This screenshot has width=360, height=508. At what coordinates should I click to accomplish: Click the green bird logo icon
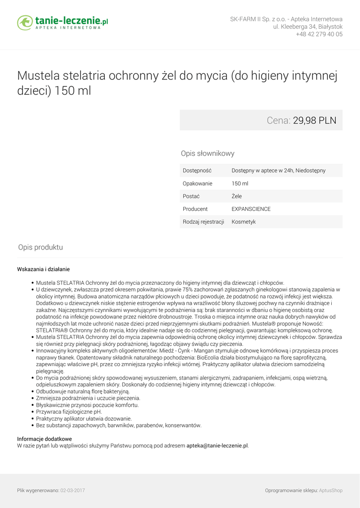[25, 22]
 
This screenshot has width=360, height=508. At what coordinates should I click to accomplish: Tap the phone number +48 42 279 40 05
[319, 35]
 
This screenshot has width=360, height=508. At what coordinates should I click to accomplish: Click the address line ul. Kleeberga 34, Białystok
[307, 27]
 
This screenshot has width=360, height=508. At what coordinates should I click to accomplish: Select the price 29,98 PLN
[314, 120]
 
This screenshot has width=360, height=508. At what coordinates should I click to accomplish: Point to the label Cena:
[278, 120]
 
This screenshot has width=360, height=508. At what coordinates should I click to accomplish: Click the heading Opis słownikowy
[208, 154]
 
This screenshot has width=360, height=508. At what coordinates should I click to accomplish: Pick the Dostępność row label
[197, 171]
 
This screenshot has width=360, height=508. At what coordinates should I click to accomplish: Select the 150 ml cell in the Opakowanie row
[240, 184]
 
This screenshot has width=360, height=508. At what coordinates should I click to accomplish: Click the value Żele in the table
[237, 196]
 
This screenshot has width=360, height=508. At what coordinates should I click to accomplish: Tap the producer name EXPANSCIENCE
[251, 209]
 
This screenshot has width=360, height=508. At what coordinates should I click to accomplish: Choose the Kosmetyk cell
[244, 222]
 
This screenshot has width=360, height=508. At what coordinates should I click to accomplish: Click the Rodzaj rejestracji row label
[204, 222]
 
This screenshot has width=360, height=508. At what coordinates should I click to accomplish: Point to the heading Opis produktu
[41, 248]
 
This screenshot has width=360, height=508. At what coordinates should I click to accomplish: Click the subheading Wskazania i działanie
[44, 269]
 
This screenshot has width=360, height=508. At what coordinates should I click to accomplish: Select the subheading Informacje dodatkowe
[45, 439]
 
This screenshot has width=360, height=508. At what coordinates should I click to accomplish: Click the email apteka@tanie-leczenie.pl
[217, 446]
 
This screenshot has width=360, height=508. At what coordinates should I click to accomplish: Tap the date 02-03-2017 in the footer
[72, 491]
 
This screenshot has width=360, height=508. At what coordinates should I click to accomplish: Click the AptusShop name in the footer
[331, 491]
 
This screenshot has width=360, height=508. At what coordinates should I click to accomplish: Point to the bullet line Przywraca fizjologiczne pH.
[69, 412]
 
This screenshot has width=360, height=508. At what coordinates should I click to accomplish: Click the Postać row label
[191, 196]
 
